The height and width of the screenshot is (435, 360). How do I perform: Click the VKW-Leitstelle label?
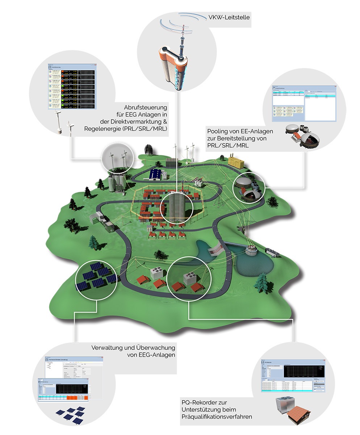tap(229, 17)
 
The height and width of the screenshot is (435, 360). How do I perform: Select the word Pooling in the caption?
tap(218, 131)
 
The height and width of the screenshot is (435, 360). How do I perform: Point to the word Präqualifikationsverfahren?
tap(217, 417)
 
